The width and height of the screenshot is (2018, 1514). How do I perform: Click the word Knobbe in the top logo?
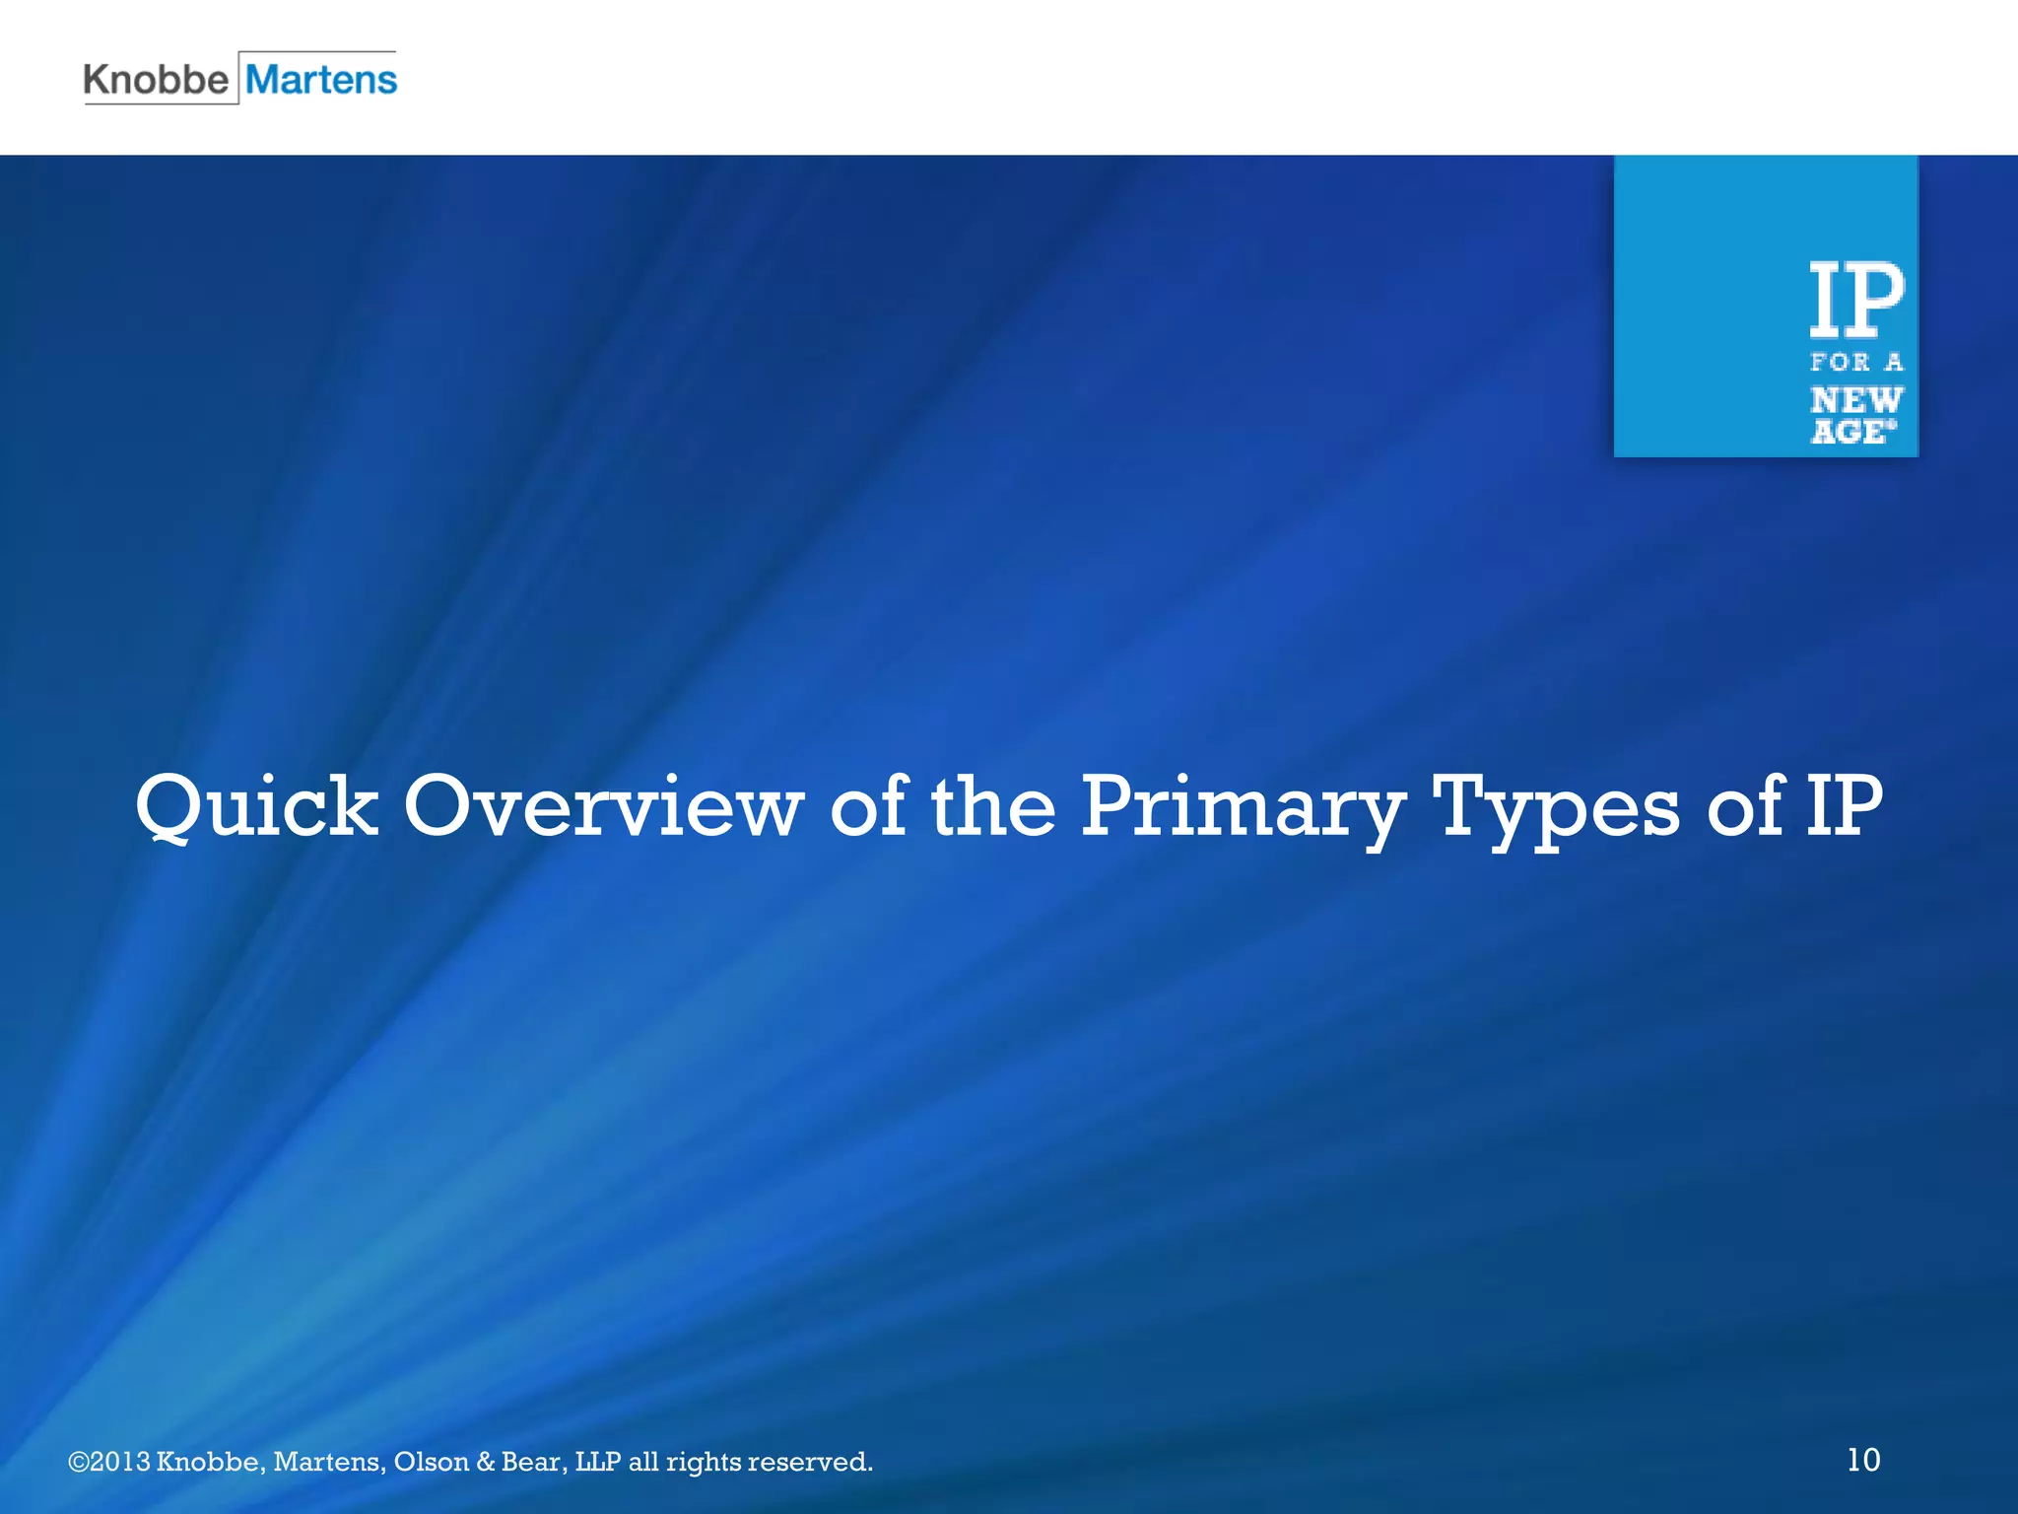156,79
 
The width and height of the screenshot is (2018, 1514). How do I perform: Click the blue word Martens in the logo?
321,79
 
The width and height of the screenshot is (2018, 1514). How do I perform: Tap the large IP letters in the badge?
1856,300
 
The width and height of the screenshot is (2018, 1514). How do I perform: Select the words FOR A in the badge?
1856,363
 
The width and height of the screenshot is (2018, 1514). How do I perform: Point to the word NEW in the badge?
1856,400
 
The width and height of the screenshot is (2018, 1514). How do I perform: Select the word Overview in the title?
603,806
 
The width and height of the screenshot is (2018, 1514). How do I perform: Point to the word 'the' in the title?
993,806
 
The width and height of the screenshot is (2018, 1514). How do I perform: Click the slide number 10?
1863,1459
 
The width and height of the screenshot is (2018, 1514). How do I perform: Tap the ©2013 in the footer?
108,1461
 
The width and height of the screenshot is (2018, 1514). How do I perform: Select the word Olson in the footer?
431,1461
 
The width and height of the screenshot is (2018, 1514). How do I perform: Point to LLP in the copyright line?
598,1461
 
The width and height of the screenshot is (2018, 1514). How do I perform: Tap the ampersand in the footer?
485,1461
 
